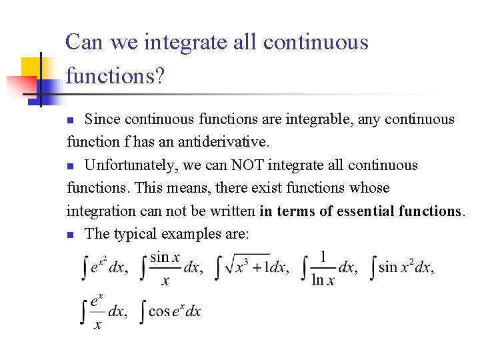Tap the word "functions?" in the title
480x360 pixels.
click(x=115, y=75)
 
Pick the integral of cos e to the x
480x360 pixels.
click(x=170, y=311)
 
